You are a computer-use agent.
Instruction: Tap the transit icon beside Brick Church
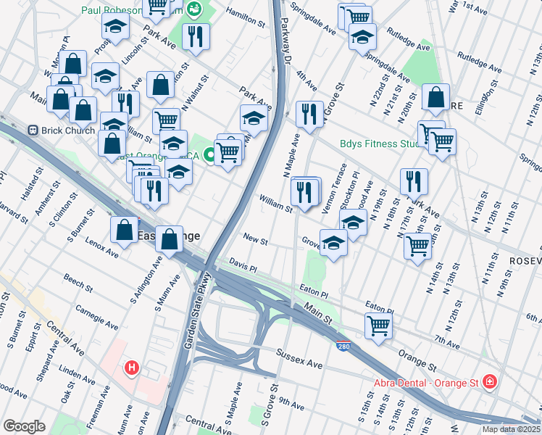click(33, 130)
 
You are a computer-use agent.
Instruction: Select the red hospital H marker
click(131, 368)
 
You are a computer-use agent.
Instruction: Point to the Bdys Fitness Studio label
click(379, 144)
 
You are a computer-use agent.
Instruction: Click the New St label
click(255, 238)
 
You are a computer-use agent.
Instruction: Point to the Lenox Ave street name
click(101, 246)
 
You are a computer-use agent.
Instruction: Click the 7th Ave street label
click(446, 341)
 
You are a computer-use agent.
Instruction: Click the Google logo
click(24, 426)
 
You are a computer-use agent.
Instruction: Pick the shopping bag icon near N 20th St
click(435, 99)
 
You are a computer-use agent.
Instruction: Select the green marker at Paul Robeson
click(193, 9)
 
